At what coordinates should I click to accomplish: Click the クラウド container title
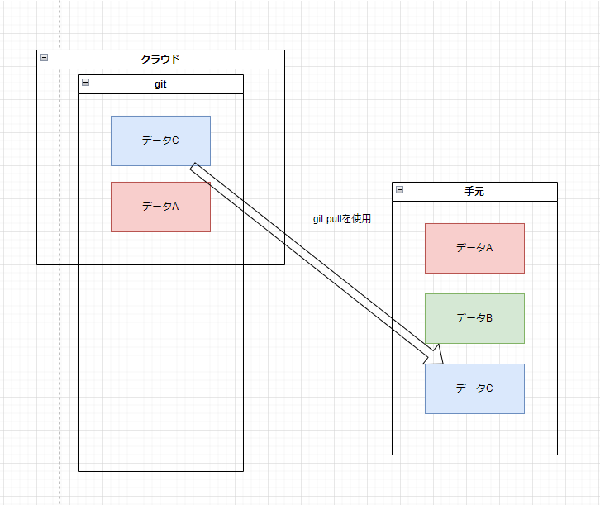(160, 59)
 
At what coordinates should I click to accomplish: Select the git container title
(160, 83)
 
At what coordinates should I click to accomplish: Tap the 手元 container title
(474, 191)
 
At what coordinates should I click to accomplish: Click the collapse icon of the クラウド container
(44, 58)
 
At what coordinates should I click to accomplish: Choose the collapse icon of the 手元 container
(399, 189)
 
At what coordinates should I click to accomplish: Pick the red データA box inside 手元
(474, 247)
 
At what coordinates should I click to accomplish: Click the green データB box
(474, 317)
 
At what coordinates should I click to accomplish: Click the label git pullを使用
(342, 219)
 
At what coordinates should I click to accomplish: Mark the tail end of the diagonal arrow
(195, 167)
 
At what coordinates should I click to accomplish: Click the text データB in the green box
(474, 317)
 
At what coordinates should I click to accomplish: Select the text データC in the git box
(160, 141)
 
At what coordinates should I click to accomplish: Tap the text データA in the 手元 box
(474, 247)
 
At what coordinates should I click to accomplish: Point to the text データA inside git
(160, 207)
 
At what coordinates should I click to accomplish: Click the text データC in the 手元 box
(474, 388)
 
